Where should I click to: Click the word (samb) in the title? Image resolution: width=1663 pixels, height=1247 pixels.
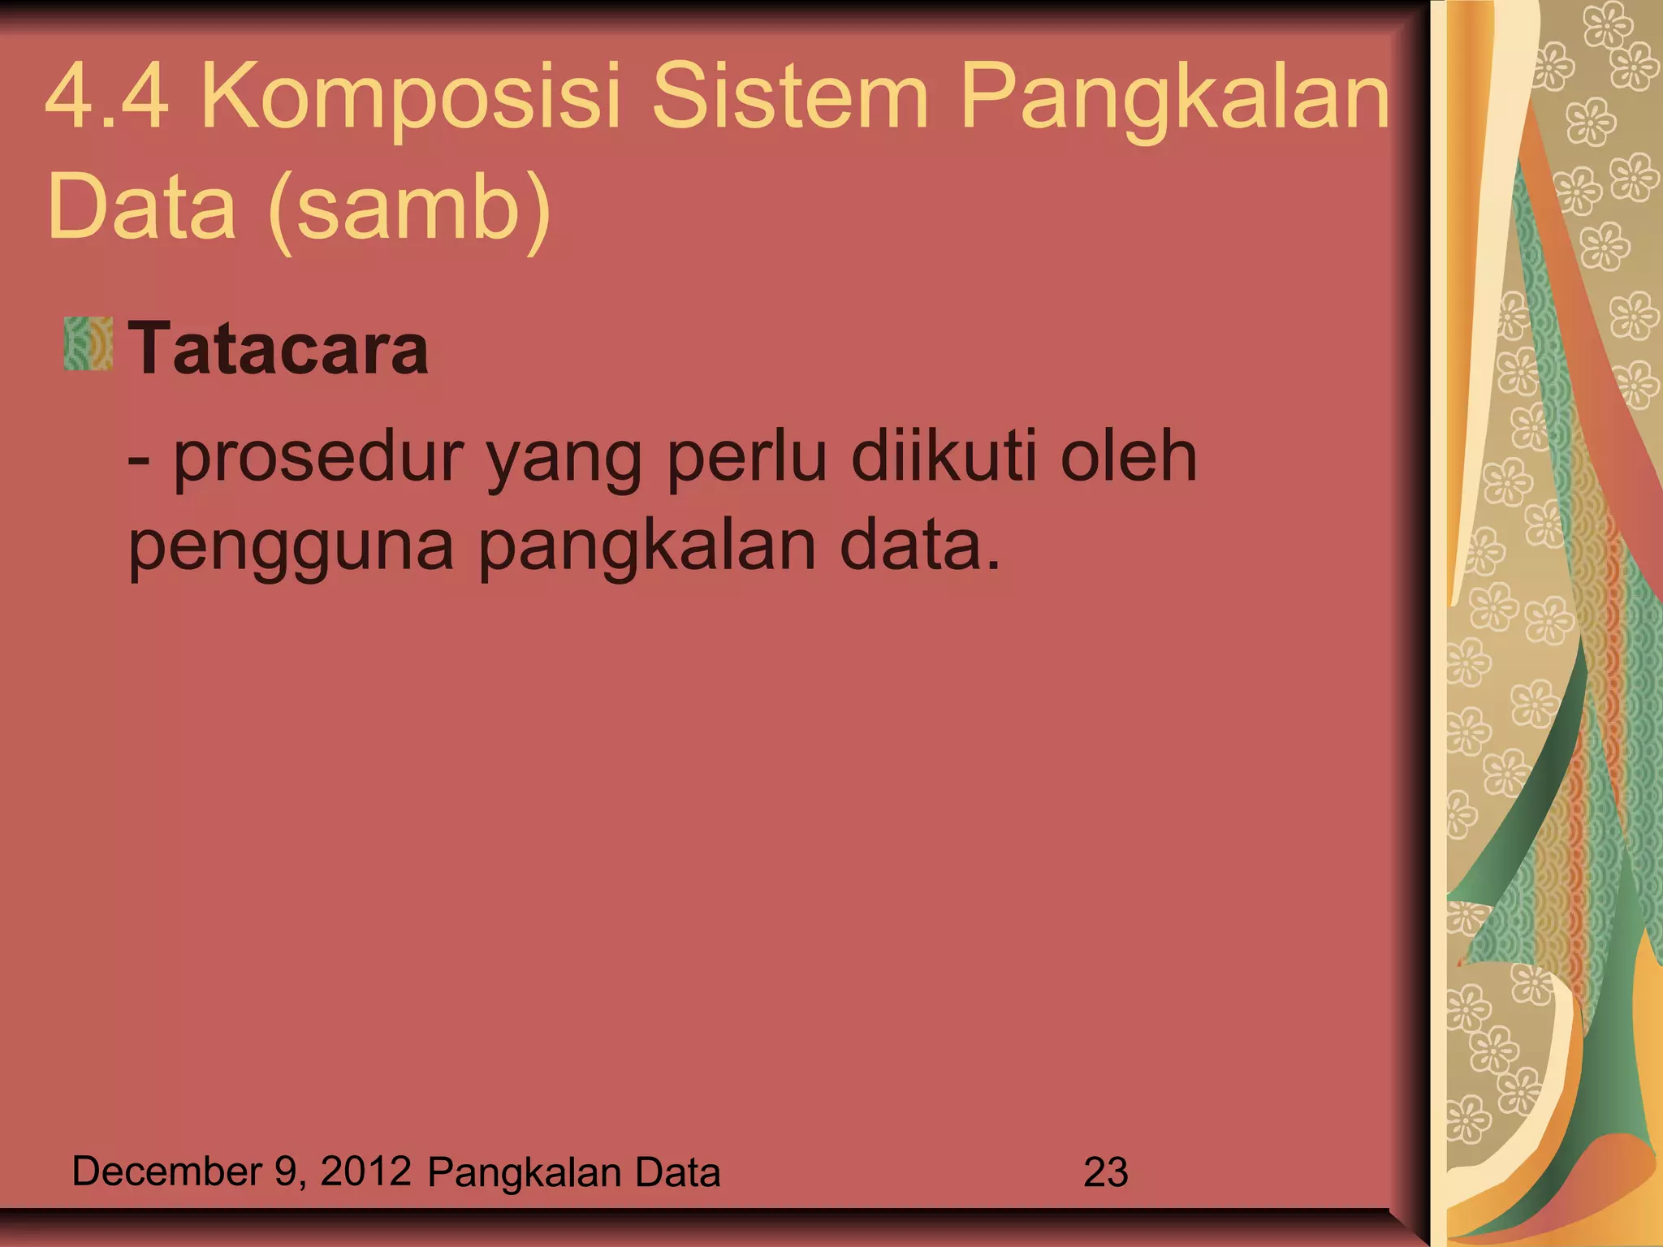click(409, 209)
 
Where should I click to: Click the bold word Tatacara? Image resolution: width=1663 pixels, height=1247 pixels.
click(279, 349)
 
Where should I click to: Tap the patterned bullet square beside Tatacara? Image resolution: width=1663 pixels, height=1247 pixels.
click(88, 344)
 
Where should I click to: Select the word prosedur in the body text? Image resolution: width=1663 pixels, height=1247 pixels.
click(318, 459)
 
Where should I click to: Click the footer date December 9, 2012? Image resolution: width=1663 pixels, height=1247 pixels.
click(241, 1171)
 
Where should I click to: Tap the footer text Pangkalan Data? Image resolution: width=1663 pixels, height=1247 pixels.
click(574, 1173)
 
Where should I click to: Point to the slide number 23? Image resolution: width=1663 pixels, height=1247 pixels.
click(1105, 1173)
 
